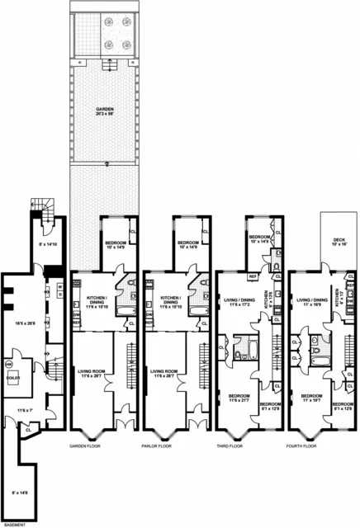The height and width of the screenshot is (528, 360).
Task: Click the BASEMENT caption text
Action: click(16, 523)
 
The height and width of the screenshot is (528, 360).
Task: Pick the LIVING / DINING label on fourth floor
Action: click(309, 302)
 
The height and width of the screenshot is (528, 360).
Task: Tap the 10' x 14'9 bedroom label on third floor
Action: click(261, 238)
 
